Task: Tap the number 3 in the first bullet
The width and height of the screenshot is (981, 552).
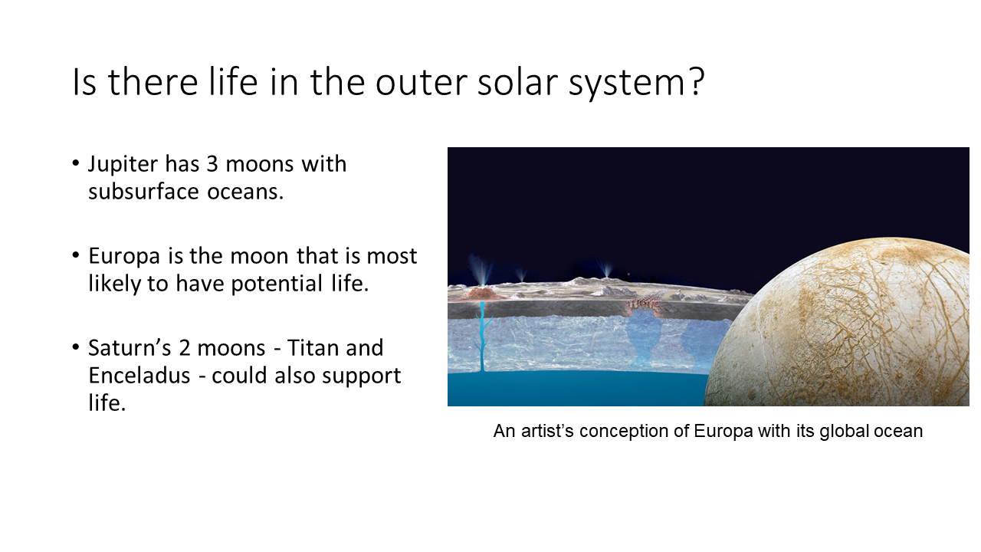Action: (212, 164)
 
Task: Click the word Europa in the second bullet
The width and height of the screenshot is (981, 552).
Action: (124, 257)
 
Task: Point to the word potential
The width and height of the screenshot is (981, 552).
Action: (277, 284)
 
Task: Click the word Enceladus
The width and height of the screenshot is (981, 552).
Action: (139, 376)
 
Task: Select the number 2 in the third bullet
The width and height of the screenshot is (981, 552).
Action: (185, 348)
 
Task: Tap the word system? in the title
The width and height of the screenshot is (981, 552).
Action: (636, 84)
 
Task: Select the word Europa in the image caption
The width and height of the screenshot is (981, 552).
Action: (723, 432)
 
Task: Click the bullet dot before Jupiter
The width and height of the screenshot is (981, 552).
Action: (76, 163)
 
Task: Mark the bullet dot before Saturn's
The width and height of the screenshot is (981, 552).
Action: (76, 347)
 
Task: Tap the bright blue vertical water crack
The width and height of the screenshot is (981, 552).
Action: (482, 336)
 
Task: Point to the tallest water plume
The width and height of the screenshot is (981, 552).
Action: (481, 271)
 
